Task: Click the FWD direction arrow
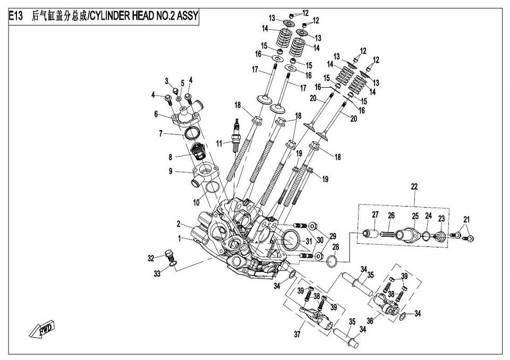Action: (x=41, y=329)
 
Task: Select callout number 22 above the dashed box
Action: (x=414, y=186)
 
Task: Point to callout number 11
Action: (x=219, y=143)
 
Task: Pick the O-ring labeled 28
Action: (x=331, y=260)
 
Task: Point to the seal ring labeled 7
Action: (x=191, y=133)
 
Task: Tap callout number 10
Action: (x=196, y=203)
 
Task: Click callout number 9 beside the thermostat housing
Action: (x=171, y=171)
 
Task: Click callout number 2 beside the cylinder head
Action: (x=178, y=224)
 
